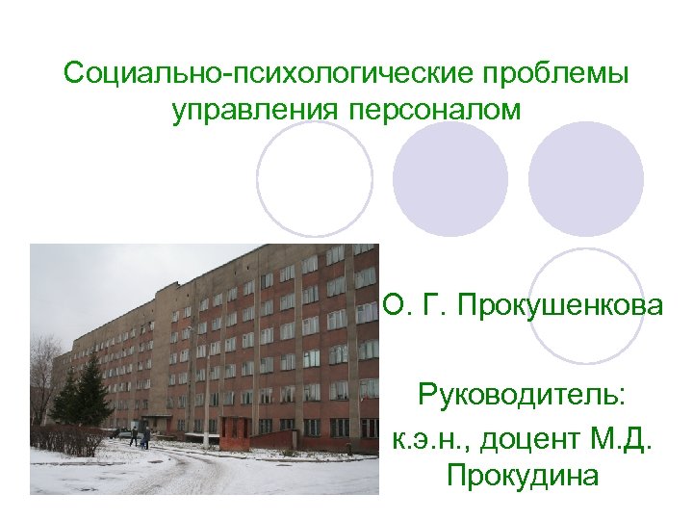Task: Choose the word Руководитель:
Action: click(521, 394)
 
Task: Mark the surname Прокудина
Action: click(522, 476)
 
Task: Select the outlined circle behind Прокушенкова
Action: click(586, 306)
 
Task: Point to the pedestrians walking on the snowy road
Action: click(141, 437)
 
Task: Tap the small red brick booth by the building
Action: click(235, 429)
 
